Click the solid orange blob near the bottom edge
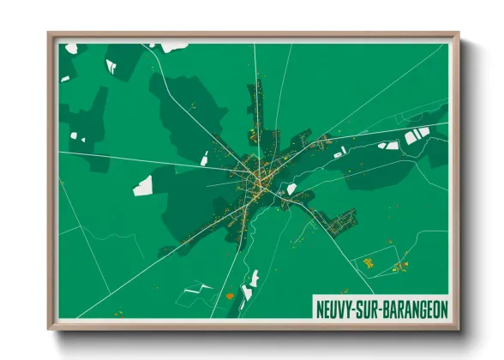tap(229, 296)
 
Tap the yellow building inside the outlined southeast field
tap(368, 263)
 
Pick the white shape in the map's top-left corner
tap(70, 48)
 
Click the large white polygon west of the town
tap(143, 185)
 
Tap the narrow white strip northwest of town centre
tap(205, 158)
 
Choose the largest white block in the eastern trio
tap(411, 136)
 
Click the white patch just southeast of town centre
tap(291, 189)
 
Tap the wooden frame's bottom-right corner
tap(458, 328)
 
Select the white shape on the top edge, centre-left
tap(176, 45)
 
